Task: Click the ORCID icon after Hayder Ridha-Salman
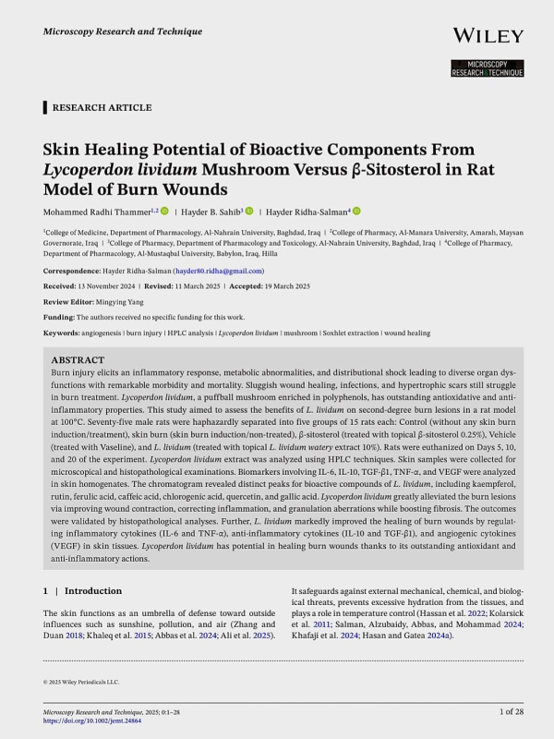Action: click(x=356, y=212)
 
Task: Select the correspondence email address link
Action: click(x=222, y=271)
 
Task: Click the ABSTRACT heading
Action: click(x=78, y=359)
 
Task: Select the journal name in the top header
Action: click(x=122, y=31)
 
